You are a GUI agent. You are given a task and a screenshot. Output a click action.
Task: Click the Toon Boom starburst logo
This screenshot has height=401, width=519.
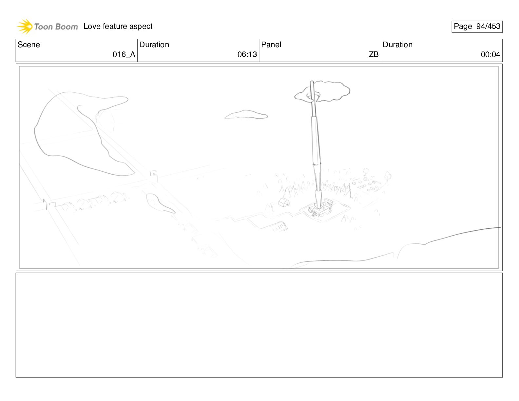[25, 27]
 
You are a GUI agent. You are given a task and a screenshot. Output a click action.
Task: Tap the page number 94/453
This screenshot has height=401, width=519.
[488, 26]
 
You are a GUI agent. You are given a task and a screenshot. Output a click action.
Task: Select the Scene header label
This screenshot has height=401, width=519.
[29, 45]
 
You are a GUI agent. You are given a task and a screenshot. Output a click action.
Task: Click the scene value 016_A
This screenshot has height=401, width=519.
[124, 54]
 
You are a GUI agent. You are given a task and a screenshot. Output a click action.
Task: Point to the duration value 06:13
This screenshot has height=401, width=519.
[247, 54]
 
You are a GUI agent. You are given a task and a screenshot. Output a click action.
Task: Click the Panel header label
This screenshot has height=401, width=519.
[271, 45]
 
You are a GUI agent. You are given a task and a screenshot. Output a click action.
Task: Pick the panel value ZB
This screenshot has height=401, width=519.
[374, 54]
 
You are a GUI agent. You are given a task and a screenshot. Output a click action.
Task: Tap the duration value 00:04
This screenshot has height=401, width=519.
[490, 54]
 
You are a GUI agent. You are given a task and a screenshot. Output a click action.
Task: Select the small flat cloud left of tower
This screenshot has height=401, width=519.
[246, 114]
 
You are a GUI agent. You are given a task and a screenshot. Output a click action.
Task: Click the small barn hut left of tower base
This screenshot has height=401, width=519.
[284, 202]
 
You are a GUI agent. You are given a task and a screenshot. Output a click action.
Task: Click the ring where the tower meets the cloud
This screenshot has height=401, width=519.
[313, 97]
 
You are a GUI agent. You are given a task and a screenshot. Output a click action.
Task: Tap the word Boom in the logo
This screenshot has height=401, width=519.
[67, 27]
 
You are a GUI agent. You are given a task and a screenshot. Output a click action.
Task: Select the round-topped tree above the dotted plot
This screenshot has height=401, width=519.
[365, 171]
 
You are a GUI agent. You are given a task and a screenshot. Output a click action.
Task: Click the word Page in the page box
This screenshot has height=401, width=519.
[463, 27]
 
